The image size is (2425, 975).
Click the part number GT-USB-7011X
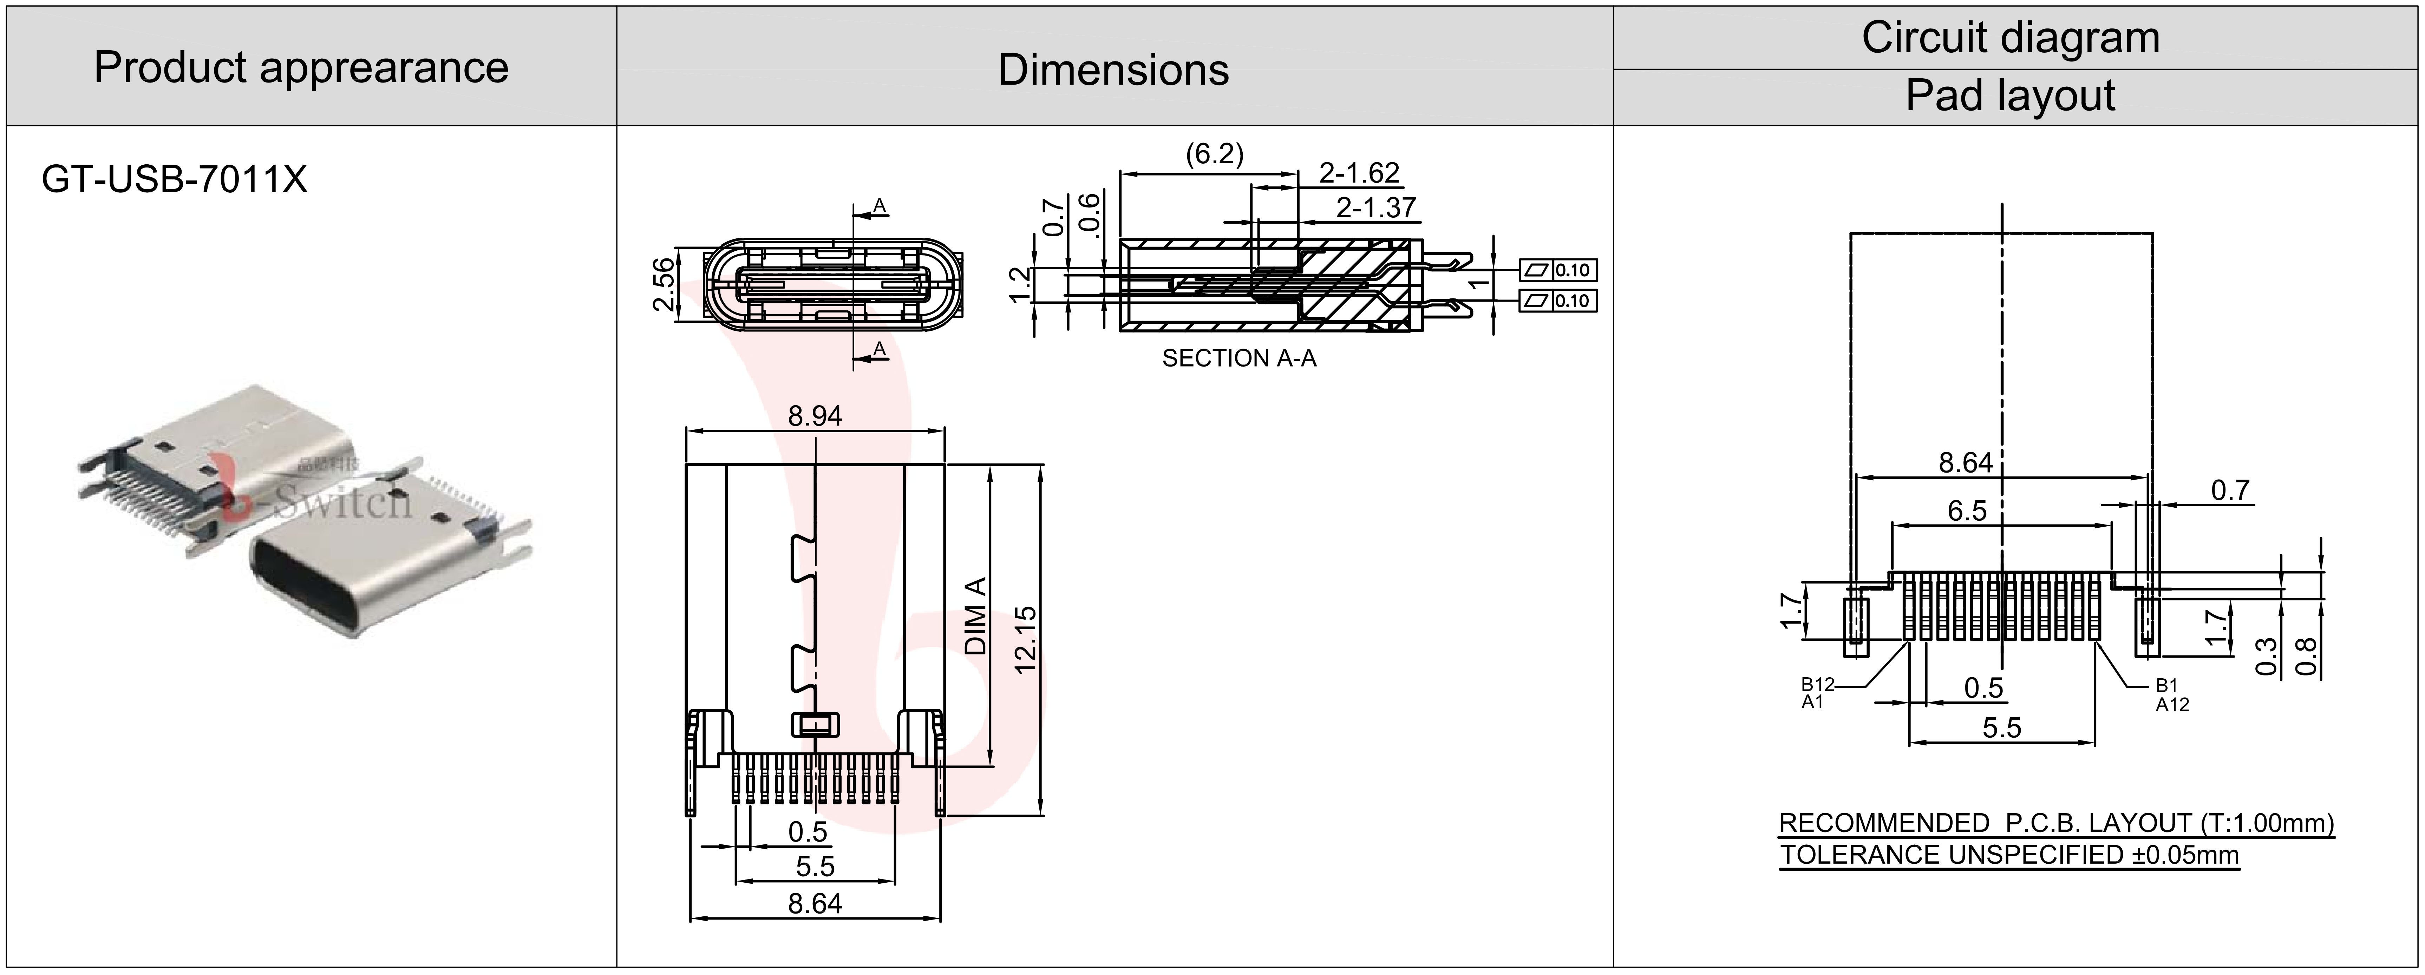pos(174,179)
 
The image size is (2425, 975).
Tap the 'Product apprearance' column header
pos(301,68)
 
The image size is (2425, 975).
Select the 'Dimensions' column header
pos(1114,70)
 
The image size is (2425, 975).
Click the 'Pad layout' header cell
pos(2010,96)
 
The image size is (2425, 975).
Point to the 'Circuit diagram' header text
pos(2010,38)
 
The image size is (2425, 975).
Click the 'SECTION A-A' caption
pos(1239,358)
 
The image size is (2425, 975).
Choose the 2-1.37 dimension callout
pos(1375,207)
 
